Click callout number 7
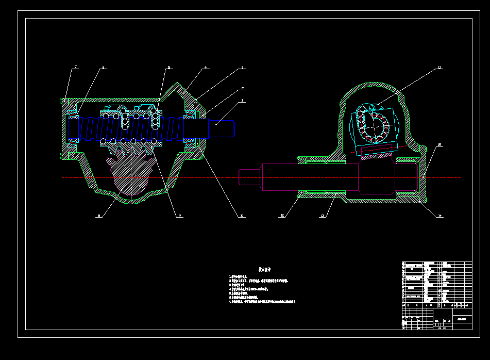[75, 67]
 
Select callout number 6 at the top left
[103, 68]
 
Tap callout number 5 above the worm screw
[168, 68]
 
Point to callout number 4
[205, 67]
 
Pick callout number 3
[243, 68]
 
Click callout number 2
[243, 88]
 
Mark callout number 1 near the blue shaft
[243, 101]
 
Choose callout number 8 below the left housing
[98, 216]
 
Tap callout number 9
[179, 216]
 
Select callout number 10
[242, 216]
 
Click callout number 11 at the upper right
[440, 68]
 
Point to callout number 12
[282, 216]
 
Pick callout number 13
[323, 216]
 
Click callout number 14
[440, 216]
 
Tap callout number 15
[440, 145]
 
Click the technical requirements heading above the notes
[265, 270]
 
